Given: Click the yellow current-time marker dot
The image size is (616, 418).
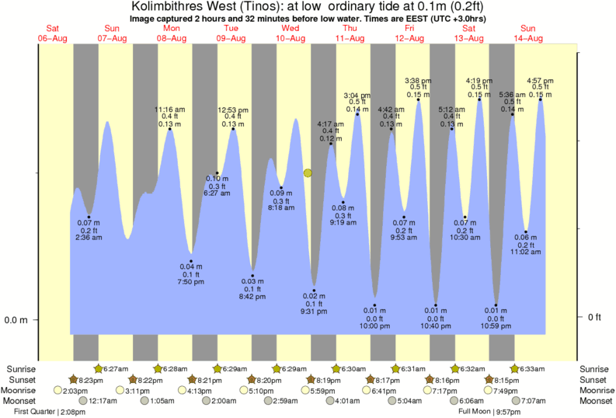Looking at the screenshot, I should click(x=308, y=172).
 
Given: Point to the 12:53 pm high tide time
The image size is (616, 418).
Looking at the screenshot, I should click(x=232, y=110).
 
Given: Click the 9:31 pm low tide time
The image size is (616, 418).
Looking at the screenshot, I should click(x=315, y=311).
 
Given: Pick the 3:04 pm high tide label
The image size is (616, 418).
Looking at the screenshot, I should click(x=357, y=96).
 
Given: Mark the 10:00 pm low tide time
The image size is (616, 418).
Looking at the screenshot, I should click(x=374, y=326).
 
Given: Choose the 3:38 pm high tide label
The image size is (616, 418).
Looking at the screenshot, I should click(x=419, y=80).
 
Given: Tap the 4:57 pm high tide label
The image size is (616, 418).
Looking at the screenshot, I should click(x=540, y=80).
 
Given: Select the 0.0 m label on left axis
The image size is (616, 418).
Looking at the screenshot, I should click(x=17, y=320).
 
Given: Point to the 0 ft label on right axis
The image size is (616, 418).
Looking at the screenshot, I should click(x=594, y=317).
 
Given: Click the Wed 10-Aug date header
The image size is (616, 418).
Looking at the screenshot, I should click(x=291, y=33).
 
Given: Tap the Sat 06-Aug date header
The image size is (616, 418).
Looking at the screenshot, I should click(x=53, y=33).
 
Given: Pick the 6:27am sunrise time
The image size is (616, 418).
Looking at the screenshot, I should click(x=115, y=368).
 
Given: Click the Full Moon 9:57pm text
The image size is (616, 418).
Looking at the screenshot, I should click(x=489, y=410).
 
